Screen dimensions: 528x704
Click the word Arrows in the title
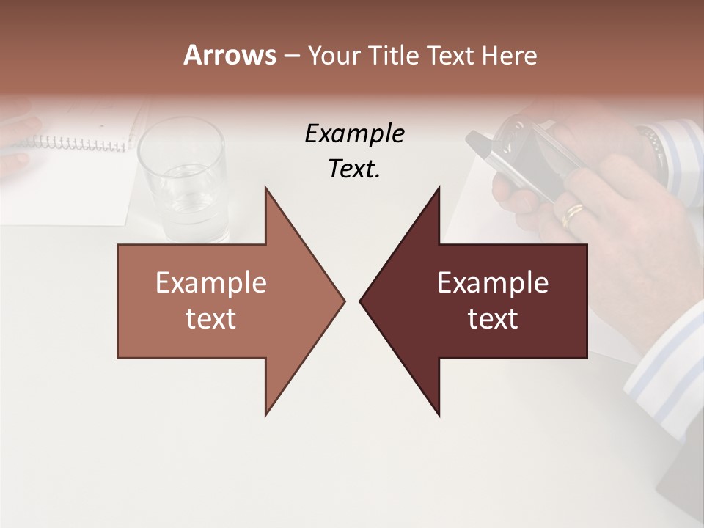pyautogui.click(x=230, y=55)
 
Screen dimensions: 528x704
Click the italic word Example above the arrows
pyautogui.click(x=354, y=134)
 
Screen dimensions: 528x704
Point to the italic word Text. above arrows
pyautogui.click(x=354, y=169)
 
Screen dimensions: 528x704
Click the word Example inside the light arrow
pyautogui.click(x=211, y=283)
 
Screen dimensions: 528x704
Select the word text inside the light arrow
pyautogui.click(x=211, y=319)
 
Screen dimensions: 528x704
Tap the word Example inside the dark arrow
pyautogui.click(x=493, y=283)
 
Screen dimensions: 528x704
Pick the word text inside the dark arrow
pyautogui.click(x=493, y=319)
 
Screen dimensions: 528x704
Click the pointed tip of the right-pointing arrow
pyautogui.click(x=344, y=301)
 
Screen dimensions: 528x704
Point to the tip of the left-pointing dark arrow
pyautogui.click(x=361, y=301)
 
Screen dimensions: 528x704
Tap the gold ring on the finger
pyautogui.click(x=573, y=215)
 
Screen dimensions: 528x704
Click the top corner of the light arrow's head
pyautogui.click(x=266, y=188)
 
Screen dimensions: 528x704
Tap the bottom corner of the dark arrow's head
pyautogui.click(x=439, y=415)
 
